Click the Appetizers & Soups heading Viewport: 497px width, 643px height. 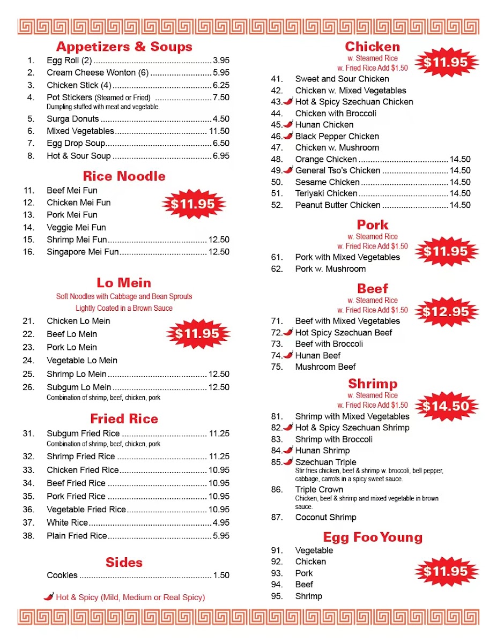point(124,47)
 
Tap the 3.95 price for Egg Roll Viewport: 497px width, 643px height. point(221,60)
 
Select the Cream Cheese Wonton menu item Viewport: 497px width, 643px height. point(98,72)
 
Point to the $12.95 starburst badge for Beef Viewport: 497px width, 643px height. point(446,312)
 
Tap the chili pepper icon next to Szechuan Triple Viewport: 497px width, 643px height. point(288,462)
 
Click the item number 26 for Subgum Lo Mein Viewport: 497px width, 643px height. point(28,387)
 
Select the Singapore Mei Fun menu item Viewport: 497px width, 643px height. point(83,252)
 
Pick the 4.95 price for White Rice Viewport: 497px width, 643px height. point(221,522)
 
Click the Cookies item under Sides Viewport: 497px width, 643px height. point(62,575)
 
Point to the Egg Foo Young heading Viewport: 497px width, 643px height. point(373,537)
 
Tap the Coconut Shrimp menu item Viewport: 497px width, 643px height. point(325,517)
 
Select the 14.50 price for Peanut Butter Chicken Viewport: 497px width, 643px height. point(460,205)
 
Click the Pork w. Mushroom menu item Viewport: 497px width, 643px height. point(330,269)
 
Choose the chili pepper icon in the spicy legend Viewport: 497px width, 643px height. point(49,596)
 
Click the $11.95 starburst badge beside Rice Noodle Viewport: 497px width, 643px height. point(193,204)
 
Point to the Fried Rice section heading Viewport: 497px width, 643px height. point(124,419)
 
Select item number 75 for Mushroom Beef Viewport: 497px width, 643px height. point(277,367)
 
